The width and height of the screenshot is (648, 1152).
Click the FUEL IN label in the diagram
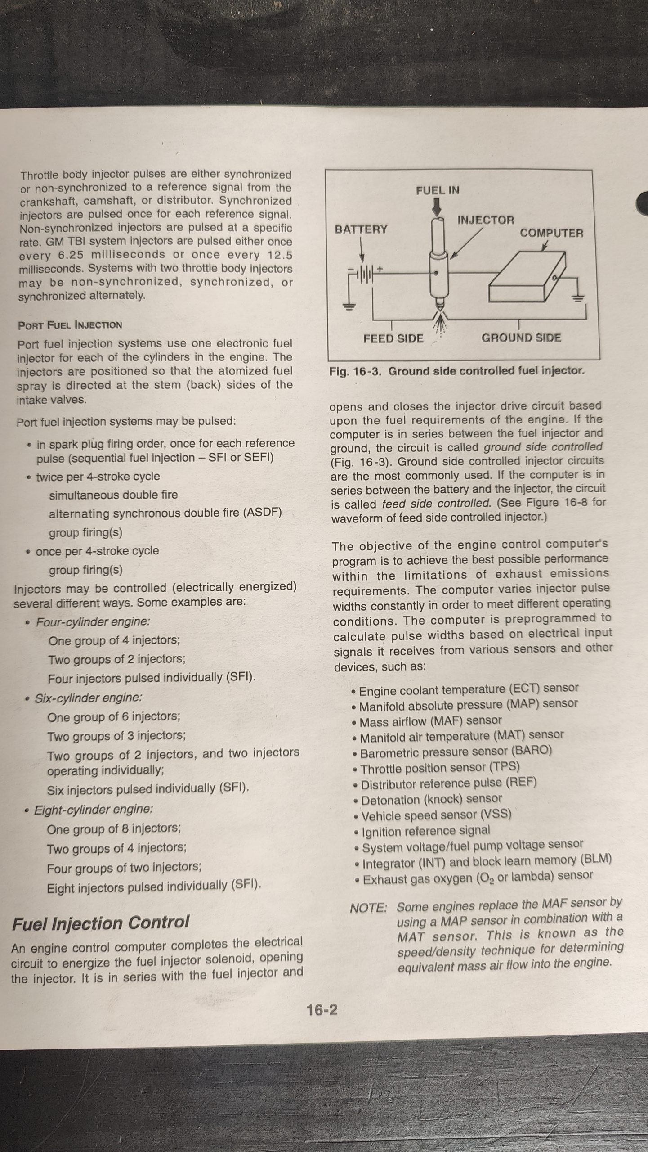pyautogui.click(x=437, y=190)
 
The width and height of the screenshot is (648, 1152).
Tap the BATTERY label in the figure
pyautogui.click(x=361, y=229)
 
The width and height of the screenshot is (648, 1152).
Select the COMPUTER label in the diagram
pyautogui.click(x=551, y=233)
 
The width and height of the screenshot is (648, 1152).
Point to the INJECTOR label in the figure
pyautogui.click(x=485, y=220)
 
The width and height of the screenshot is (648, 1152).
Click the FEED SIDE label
pyautogui.click(x=393, y=338)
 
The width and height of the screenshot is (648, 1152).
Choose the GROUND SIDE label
pyautogui.click(x=521, y=338)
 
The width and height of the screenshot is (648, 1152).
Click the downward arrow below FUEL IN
pyautogui.click(x=437, y=207)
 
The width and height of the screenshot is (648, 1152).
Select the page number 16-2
pyautogui.click(x=322, y=1010)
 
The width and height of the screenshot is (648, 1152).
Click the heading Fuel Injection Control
pyautogui.click(x=101, y=923)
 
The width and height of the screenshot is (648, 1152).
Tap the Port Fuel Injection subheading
pyautogui.click(x=70, y=325)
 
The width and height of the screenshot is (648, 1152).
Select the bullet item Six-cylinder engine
pyautogui.click(x=88, y=698)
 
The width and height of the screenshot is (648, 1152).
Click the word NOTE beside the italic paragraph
pyautogui.click(x=368, y=908)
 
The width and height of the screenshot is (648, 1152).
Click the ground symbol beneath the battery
pyautogui.click(x=349, y=307)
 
